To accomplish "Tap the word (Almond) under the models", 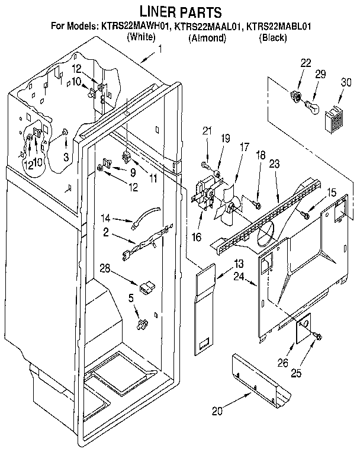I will click(207, 38).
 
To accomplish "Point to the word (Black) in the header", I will click(274, 38).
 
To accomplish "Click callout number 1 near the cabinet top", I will click(159, 50).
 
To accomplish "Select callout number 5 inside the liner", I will click(131, 298).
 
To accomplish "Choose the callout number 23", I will click(274, 166).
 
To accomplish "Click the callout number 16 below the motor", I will click(197, 237).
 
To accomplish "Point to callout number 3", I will click(66, 156).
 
